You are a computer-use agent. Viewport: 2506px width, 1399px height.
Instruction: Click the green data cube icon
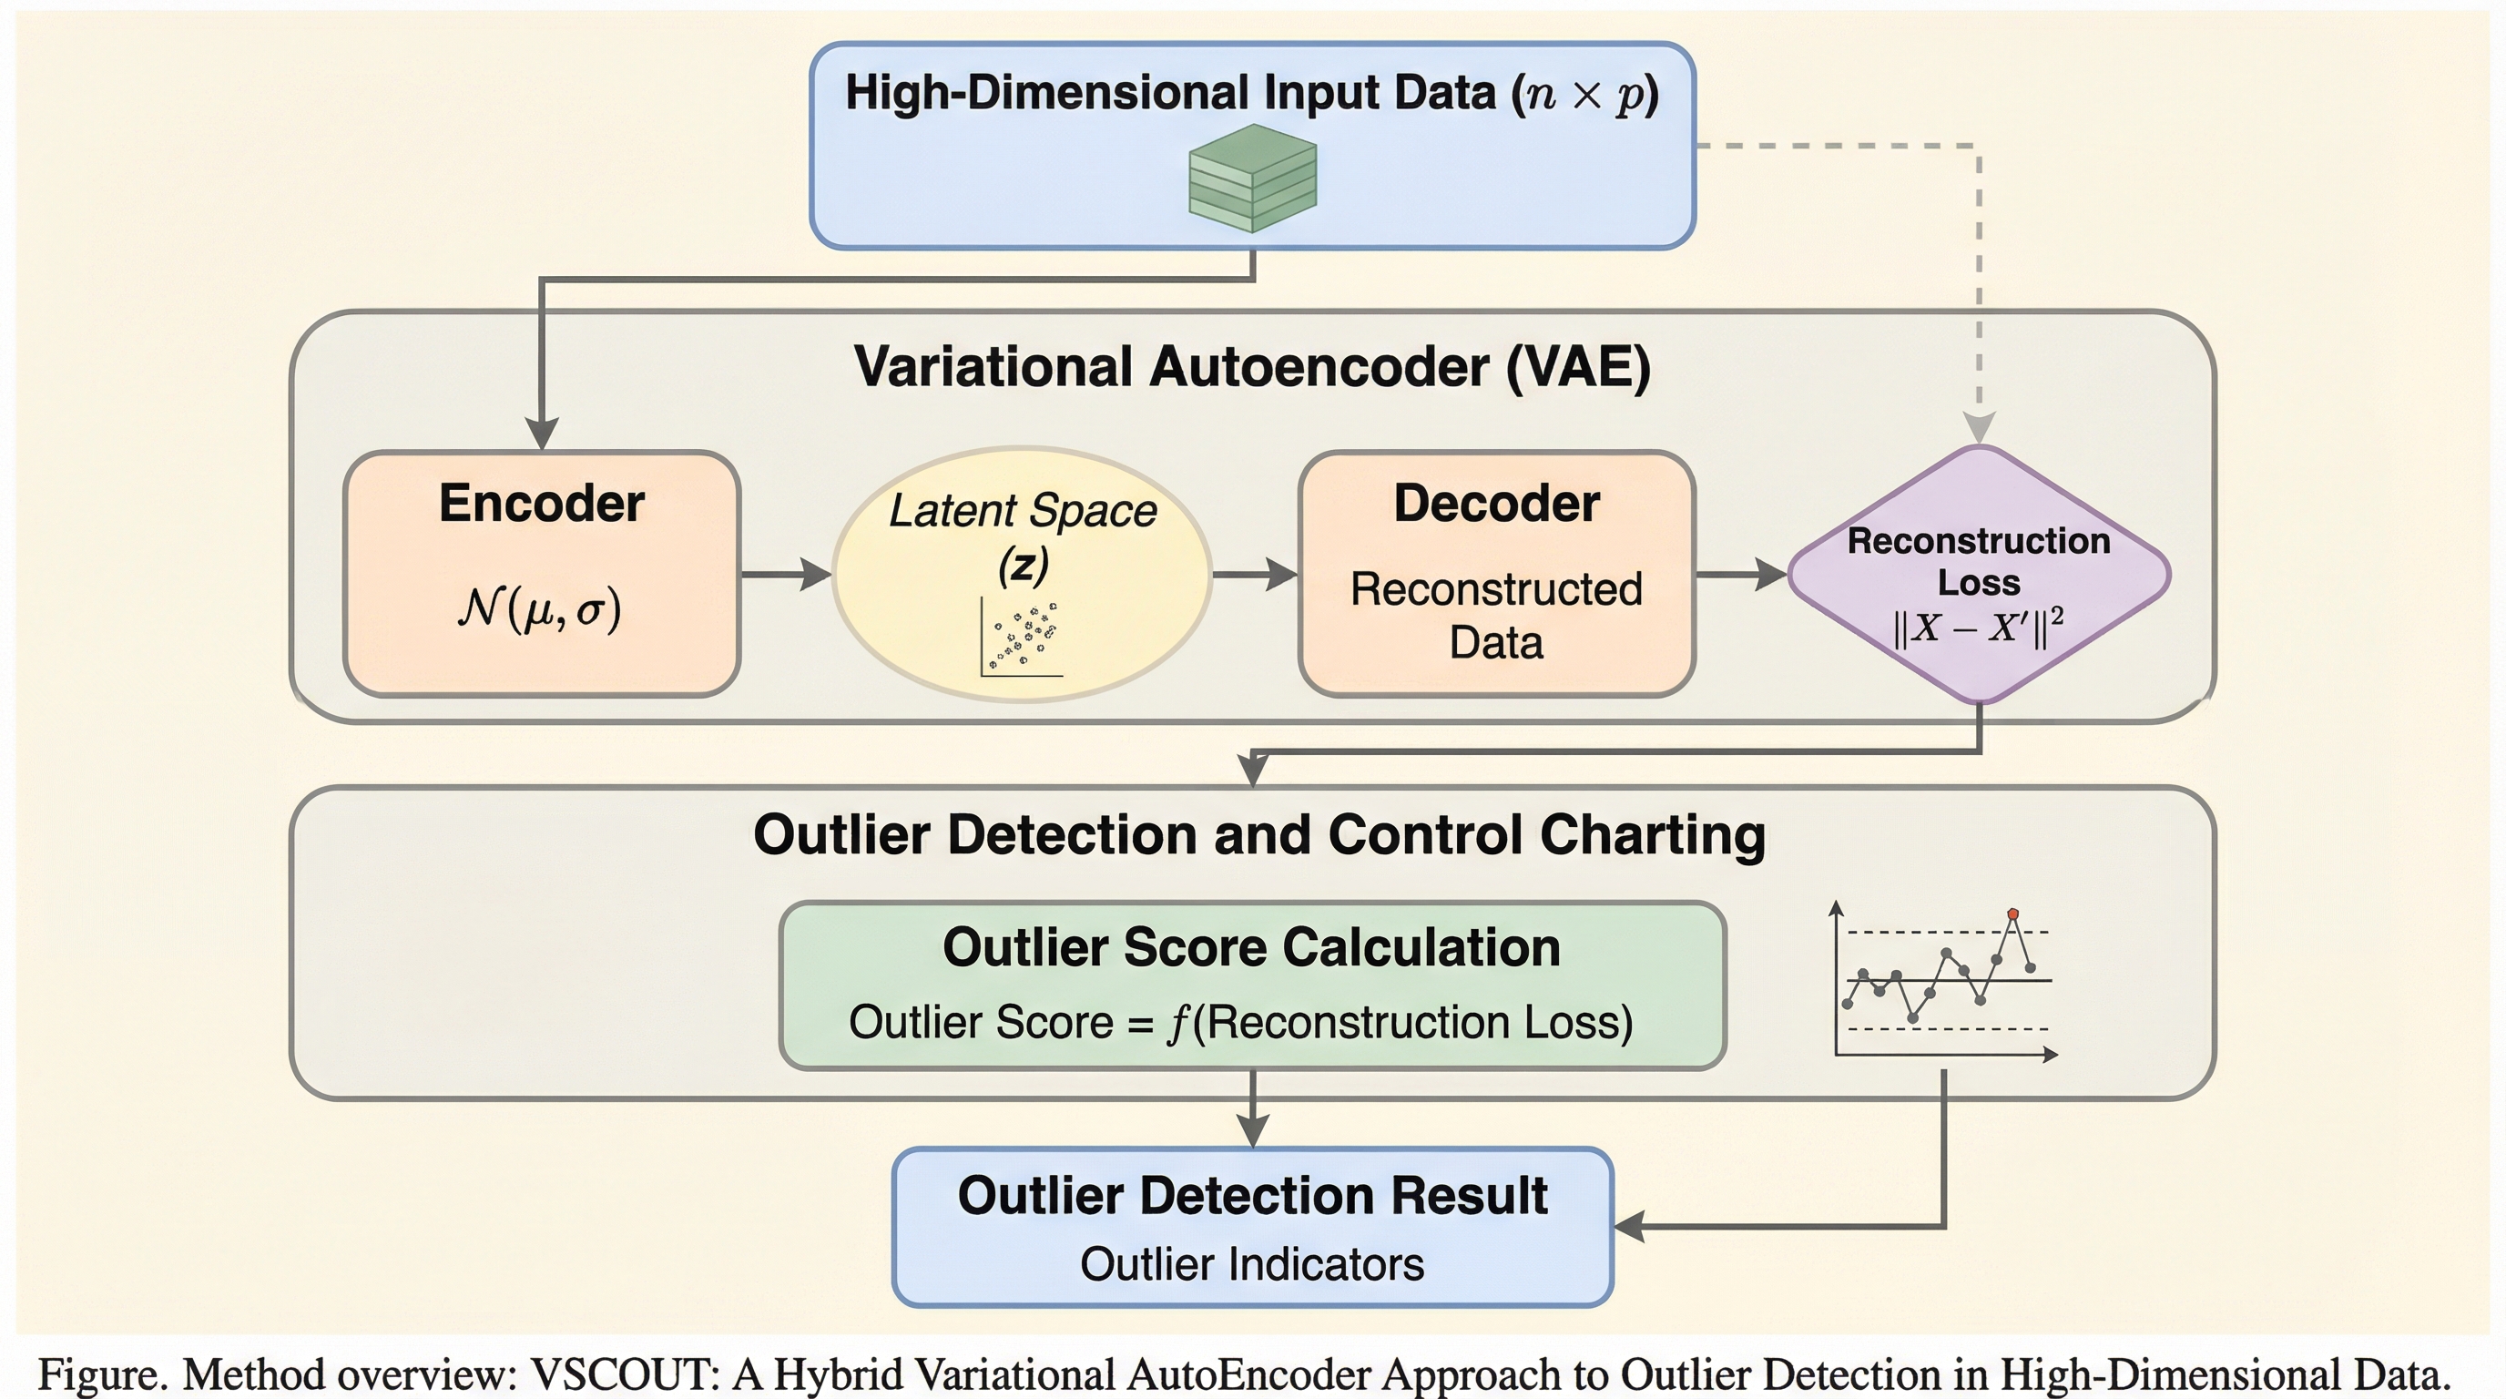click(1253, 178)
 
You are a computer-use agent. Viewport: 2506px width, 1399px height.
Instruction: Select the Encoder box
click(542, 573)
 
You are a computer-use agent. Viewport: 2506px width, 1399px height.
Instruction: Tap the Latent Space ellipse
click(1023, 574)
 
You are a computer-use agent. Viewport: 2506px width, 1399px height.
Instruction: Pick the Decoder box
click(1496, 573)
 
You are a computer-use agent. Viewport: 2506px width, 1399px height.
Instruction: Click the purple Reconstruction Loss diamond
click(1979, 574)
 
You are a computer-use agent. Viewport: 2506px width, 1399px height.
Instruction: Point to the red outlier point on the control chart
click(2012, 914)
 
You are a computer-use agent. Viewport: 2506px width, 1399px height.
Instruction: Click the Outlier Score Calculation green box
click(1252, 985)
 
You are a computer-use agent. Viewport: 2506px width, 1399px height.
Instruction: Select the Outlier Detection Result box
click(1252, 1226)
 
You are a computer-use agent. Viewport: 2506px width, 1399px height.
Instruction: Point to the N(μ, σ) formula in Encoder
click(540, 610)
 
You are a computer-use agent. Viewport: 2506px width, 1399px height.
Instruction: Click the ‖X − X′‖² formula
click(1979, 628)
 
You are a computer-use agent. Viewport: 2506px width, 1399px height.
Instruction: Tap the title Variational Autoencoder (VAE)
click(1252, 368)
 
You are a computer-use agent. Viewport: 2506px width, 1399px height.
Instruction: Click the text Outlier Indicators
click(1252, 1265)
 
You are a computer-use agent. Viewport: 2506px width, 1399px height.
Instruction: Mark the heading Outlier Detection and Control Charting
click(1258, 834)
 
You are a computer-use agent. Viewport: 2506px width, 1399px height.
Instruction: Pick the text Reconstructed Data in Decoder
click(1496, 615)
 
